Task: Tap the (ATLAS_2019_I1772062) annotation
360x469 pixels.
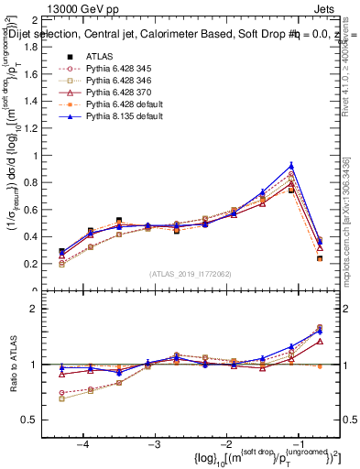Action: click(189, 274)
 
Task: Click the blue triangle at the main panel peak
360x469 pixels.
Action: click(291, 165)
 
